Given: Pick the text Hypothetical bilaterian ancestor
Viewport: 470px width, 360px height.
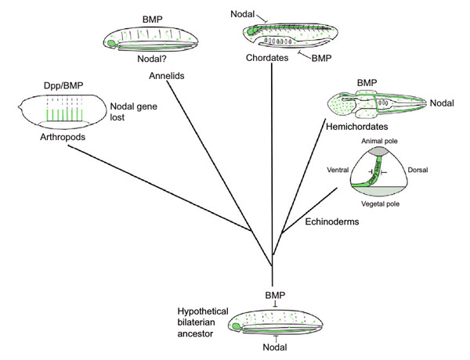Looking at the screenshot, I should coord(201,319).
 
